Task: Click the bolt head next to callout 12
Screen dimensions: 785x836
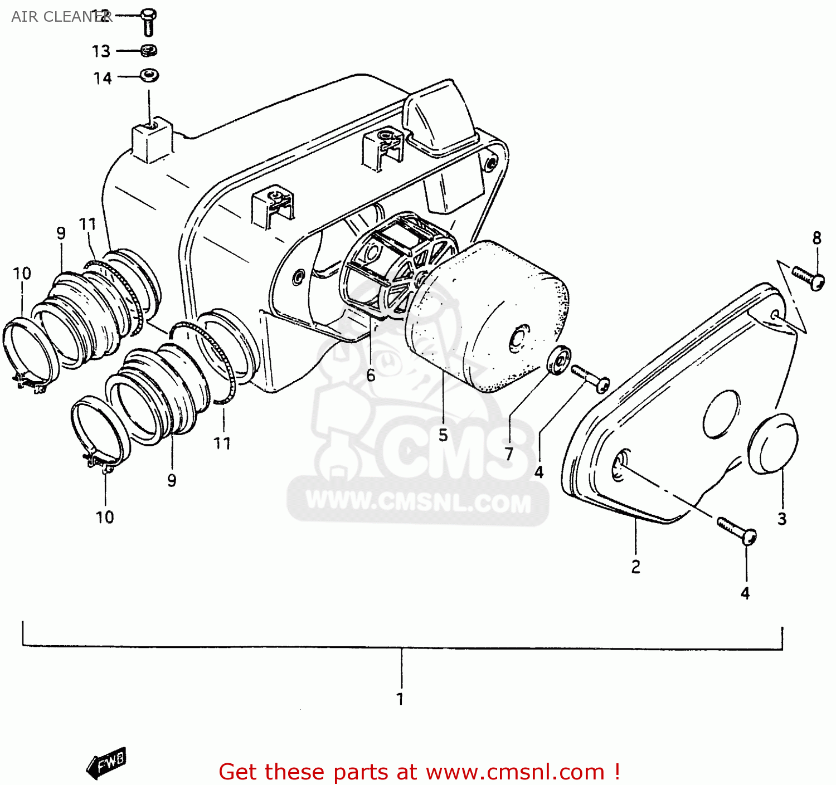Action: [x=148, y=15]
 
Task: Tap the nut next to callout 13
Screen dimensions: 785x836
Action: [x=149, y=51]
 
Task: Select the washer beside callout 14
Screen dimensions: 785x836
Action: [x=149, y=75]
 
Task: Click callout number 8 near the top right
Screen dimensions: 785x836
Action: [x=816, y=238]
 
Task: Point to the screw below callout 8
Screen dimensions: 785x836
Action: [x=809, y=277]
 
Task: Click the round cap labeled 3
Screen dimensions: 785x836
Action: [x=774, y=444]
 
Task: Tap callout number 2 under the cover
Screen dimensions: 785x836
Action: [x=635, y=567]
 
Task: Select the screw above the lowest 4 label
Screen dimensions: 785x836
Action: [x=736, y=530]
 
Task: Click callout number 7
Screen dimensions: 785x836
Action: [x=509, y=454]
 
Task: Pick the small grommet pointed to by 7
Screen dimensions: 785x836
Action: [x=559, y=360]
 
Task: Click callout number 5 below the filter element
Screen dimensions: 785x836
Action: [x=443, y=435]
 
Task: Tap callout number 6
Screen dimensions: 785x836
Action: [x=371, y=376]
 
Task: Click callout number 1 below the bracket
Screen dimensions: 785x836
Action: [x=400, y=699]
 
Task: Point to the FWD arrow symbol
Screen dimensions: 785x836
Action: [x=107, y=763]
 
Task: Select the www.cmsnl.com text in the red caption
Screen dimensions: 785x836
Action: [x=515, y=772]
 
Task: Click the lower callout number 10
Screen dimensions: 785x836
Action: [x=105, y=517]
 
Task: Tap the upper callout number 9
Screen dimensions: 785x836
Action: [x=61, y=233]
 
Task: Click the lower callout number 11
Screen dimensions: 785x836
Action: [x=222, y=443]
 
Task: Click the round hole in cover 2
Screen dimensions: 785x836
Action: [x=721, y=414]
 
